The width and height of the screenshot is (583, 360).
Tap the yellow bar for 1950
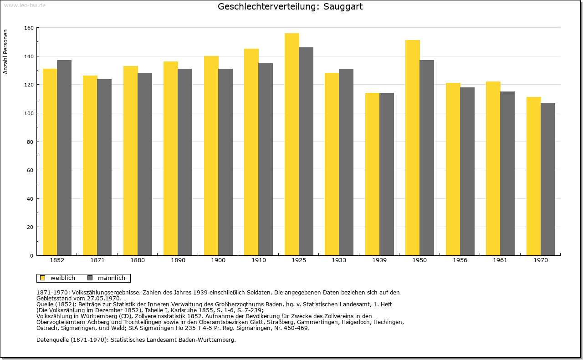(413, 148)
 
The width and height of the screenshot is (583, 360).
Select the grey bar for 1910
(266, 159)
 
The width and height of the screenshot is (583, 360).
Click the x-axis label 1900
(218, 261)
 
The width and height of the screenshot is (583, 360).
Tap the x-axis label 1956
(460, 261)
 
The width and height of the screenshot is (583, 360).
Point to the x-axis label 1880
(138, 261)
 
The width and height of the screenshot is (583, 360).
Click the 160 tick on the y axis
(29, 28)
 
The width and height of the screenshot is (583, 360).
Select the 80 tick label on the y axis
(30, 142)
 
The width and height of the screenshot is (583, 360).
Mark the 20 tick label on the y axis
(30, 227)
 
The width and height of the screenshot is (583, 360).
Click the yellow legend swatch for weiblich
(43, 278)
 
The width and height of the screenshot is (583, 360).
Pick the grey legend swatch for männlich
(90, 278)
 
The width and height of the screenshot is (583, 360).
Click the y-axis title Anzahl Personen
(6, 52)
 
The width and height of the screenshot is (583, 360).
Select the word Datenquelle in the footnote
(52, 340)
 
